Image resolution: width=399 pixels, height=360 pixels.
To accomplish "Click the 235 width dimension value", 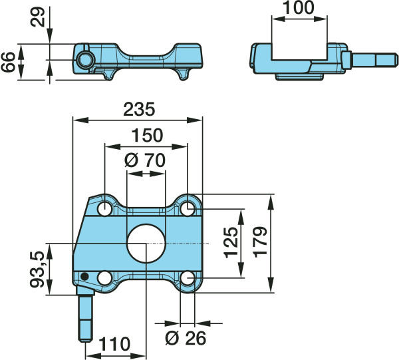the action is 139,109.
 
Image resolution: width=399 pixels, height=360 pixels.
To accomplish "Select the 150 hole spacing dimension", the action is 147,135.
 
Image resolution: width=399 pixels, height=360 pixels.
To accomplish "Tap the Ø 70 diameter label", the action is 145,160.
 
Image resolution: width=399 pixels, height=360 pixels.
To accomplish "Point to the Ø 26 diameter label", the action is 186,338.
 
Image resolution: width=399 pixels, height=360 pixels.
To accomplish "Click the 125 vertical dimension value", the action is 231,242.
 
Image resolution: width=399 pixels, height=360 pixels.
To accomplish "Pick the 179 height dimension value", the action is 260,242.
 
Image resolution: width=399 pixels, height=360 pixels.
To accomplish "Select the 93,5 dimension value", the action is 38,270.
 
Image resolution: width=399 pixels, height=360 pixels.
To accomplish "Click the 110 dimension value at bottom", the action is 114,344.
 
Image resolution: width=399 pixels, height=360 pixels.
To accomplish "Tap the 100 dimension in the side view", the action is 298,7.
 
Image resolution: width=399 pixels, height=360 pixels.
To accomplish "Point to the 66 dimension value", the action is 8,62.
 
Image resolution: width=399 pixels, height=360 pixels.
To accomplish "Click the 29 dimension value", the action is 37,17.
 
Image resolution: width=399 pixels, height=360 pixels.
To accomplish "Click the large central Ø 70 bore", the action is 146,244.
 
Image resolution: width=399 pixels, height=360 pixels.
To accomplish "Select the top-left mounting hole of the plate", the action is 105,209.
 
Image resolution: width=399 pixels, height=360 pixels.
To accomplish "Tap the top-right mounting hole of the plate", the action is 188,208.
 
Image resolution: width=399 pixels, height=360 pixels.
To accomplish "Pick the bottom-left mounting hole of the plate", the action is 105,278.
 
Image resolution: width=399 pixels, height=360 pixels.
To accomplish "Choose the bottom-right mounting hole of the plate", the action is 188,278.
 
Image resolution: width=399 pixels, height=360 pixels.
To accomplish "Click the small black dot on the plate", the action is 84,276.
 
